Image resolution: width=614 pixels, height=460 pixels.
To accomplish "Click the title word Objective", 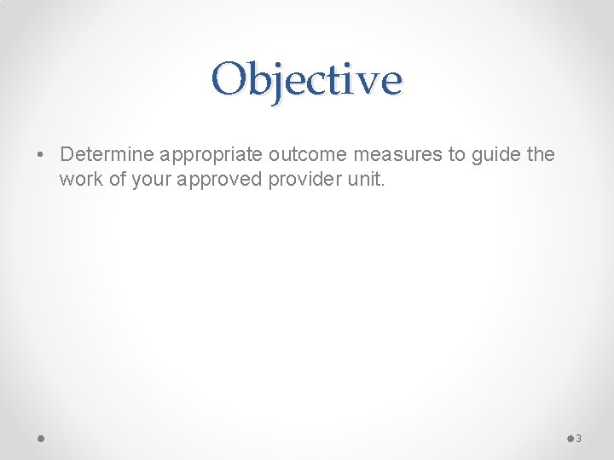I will [x=307, y=79].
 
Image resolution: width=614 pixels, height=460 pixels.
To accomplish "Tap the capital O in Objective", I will [x=228, y=79].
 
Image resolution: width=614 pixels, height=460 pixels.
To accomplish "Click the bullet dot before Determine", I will [x=40, y=155].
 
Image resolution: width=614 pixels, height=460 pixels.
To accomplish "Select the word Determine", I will [x=107, y=155].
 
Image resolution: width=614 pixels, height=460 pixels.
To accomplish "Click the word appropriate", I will [x=211, y=156].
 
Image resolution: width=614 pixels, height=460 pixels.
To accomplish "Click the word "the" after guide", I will [x=541, y=155].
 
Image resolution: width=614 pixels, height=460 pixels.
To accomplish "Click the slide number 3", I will [x=578, y=439].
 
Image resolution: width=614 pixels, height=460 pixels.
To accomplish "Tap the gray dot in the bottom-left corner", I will [x=41, y=438].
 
